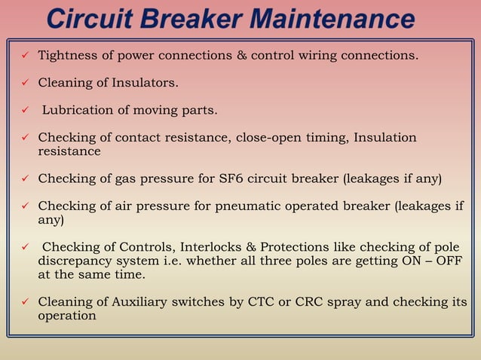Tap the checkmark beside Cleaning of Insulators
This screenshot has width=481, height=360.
point(25,83)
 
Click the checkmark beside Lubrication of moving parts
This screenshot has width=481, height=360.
point(25,111)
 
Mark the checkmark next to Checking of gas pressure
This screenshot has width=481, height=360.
point(25,178)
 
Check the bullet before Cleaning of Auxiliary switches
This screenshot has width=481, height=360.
point(25,303)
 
